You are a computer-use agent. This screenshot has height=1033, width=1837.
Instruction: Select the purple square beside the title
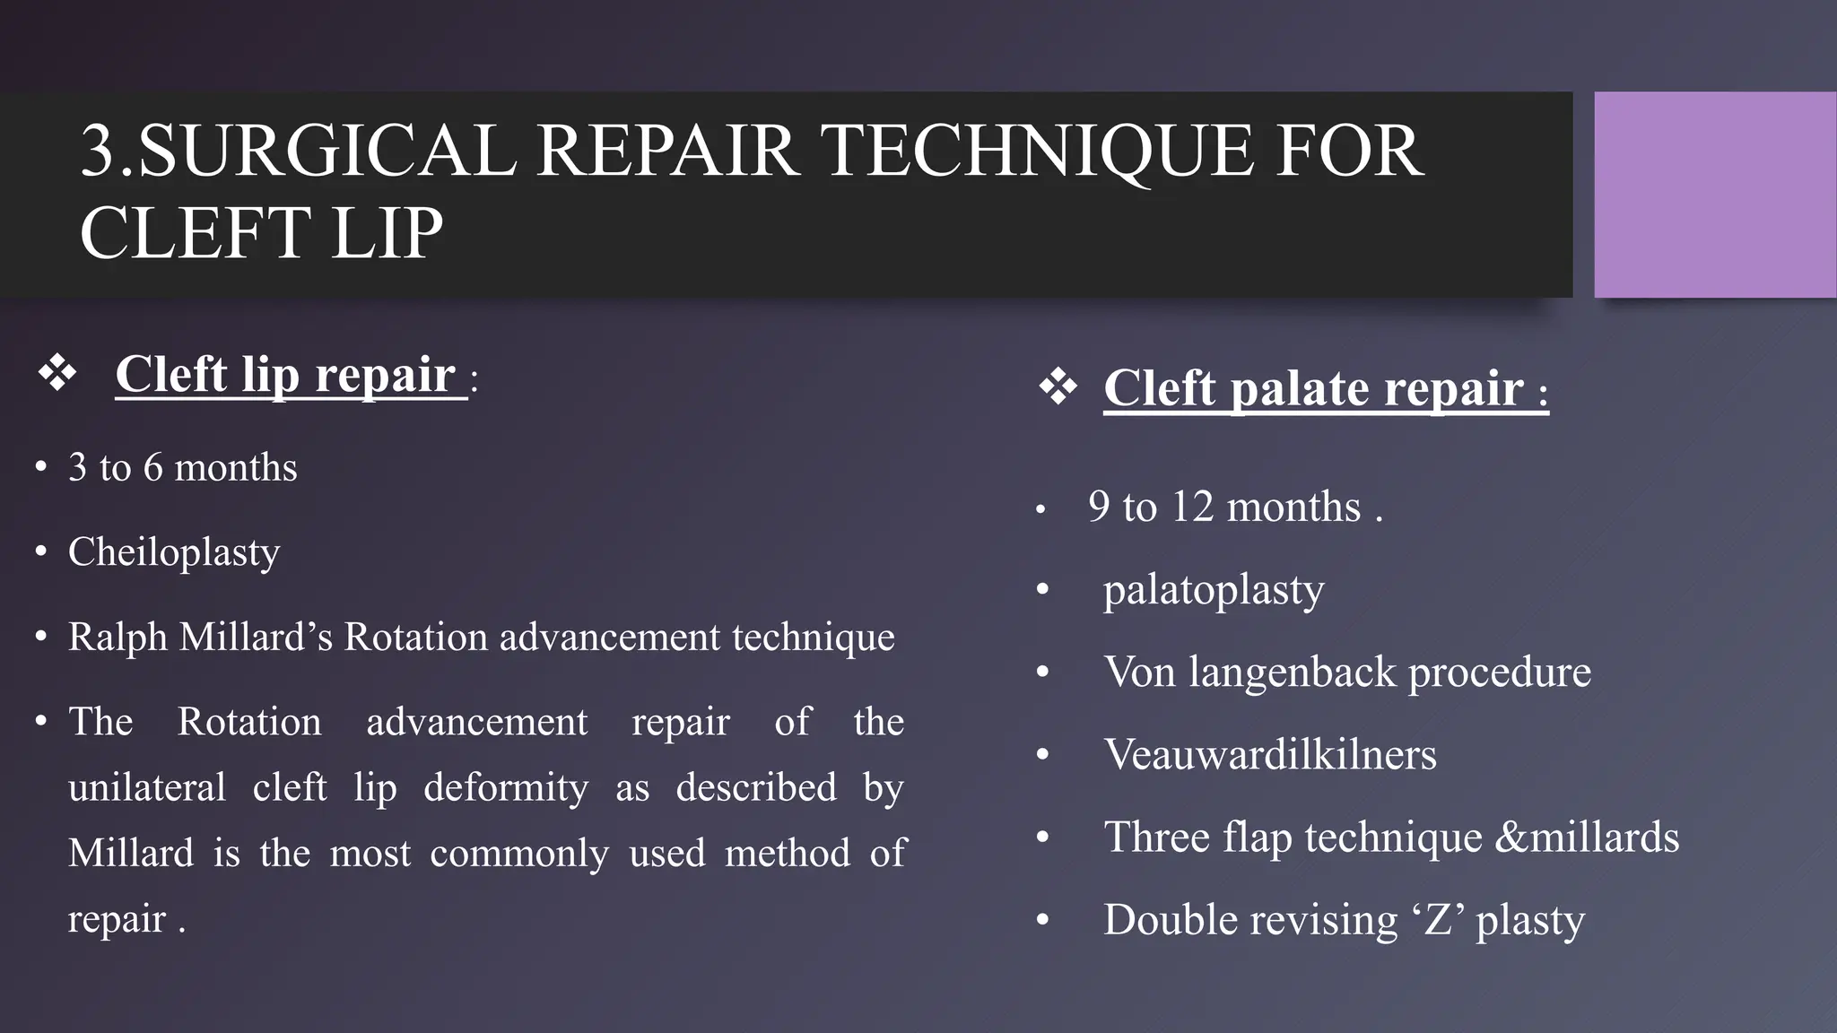(x=1714, y=195)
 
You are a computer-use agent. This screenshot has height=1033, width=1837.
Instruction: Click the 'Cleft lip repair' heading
(x=286, y=375)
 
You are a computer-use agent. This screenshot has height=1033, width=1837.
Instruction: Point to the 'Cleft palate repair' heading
(x=1314, y=389)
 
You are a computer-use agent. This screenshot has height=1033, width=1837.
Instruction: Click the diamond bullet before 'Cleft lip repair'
(x=57, y=373)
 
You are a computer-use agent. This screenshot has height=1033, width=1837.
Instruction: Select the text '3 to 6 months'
(x=183, y=468)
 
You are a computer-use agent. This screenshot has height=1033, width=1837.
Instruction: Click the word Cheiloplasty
(x=174, y=552)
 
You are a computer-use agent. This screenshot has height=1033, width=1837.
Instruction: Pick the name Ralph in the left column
(x=118, y=638)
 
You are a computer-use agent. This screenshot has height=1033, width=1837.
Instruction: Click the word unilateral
(x=147, y=788)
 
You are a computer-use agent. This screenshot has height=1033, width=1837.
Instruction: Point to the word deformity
(x=506, y=788)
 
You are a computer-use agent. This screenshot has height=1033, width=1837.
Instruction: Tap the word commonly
(x=519, y=854)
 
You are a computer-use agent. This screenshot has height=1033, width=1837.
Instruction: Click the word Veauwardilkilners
(x=1270, y=755)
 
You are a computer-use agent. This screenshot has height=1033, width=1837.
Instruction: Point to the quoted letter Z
(x=1438, y=920)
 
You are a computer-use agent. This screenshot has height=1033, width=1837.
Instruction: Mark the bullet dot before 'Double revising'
(x=1042, y=920)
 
